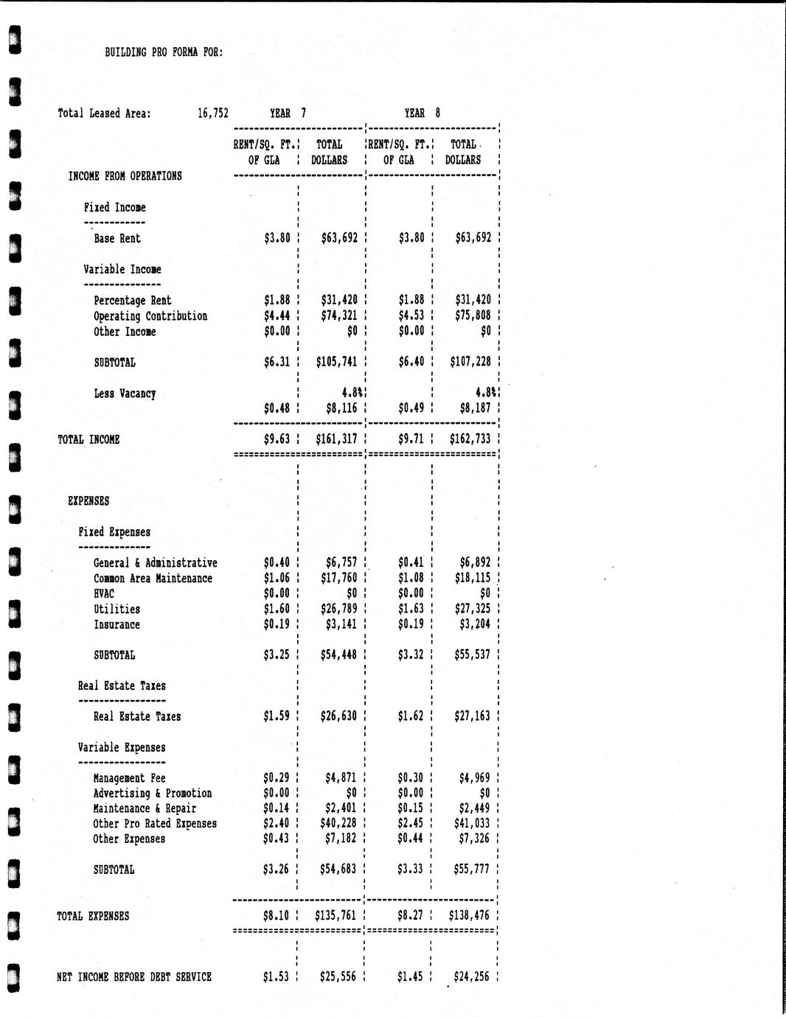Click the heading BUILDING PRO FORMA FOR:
point(164,52)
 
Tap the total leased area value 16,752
point(213,113)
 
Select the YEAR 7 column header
point(288,113)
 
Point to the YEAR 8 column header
point(422,113)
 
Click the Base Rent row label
point(116,239)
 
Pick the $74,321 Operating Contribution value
point(339,316)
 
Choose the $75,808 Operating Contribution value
point(473,316)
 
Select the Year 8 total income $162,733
point(470,440)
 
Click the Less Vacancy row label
point(125,394)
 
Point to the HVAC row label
point(104,594)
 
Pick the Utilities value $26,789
point(339,609)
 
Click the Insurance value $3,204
point(475,625)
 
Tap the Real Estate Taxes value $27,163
point(473,716)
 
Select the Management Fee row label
point(129,778)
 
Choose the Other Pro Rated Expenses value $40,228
point(338,824)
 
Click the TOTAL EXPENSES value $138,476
point(469,917)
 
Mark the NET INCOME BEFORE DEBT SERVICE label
point(134,977)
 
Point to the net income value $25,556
point(338,977)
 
